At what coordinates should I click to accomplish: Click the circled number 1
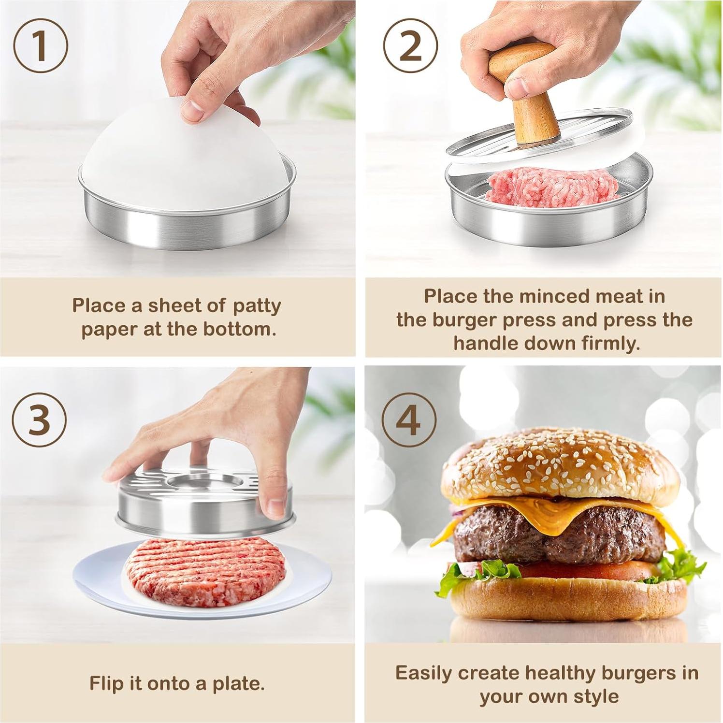click(x=41, y=46)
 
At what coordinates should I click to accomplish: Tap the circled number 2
click(x=410, y=46)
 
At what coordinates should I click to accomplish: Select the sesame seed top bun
click(x=561, y=464)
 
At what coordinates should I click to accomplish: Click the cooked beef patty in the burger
click(x=561, y=536)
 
